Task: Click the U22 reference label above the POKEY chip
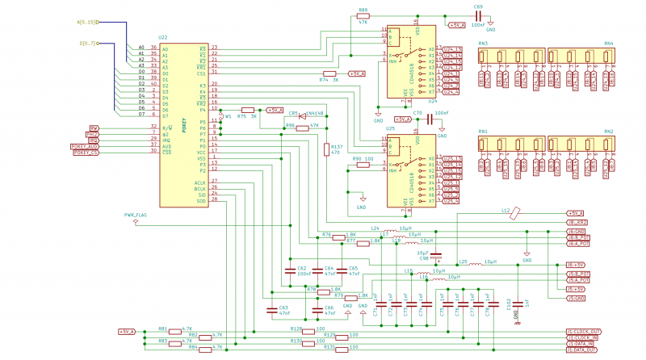point(163,38)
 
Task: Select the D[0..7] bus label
point(87,44)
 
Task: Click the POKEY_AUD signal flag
point(84,146)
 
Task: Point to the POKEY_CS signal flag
point(86,153)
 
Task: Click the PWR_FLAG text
point(136,216)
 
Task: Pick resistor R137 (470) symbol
point(326,150)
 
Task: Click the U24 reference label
point(433,102)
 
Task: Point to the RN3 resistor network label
point(483,43)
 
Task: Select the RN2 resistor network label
point(608,131)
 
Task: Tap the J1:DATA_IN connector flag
point(581,343)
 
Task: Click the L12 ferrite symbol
point(516,213)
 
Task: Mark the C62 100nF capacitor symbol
point(289,270)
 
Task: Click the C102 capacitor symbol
point(515,303)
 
